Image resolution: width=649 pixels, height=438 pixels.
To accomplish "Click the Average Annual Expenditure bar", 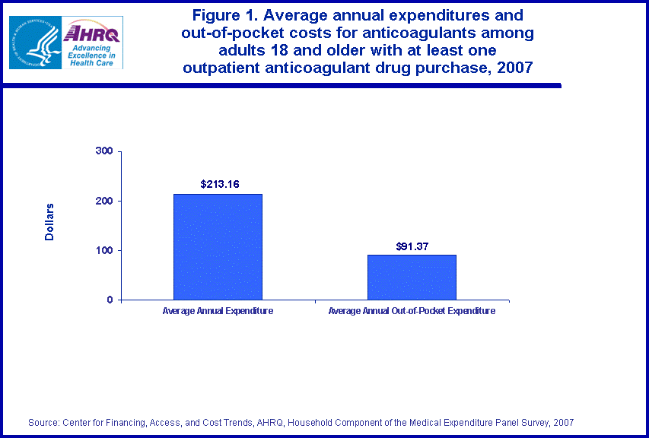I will click(x=218, y=246).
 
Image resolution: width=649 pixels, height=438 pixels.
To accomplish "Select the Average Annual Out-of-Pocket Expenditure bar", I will click(x=412, y=277).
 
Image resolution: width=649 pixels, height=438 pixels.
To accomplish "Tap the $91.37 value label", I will click(x=412, y=246).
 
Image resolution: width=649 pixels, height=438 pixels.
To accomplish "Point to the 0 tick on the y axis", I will click(x=110, y=300).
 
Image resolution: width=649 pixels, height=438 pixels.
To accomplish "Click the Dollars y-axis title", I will click(x=49, y=222).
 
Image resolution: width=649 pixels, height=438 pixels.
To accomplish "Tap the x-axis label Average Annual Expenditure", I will click(x=218, y=311).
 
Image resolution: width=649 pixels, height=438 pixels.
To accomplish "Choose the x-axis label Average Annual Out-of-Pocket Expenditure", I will click(x=412, y=311).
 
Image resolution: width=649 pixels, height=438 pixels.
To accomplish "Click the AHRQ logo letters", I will click(x=91, y=33).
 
